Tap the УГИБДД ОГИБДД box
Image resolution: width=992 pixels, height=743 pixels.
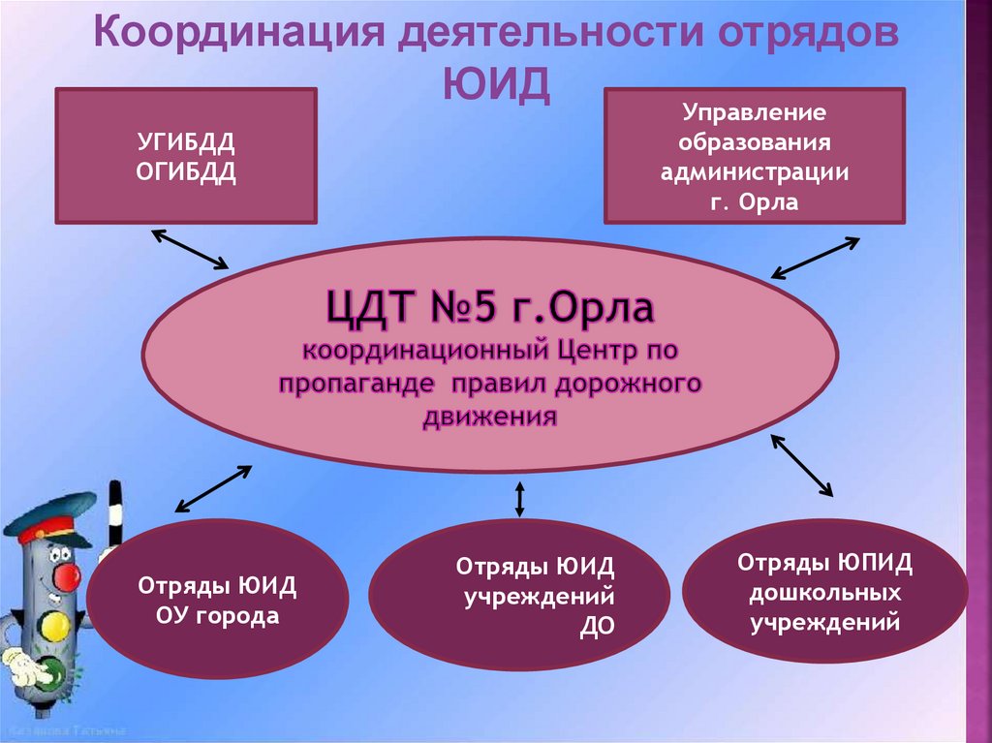(x=186, y=156)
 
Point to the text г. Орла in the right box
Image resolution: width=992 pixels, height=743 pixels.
(x=755, y=203)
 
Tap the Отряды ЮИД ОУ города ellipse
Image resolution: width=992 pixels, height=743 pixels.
(x=217, y=601)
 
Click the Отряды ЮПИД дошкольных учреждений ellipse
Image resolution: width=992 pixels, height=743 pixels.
(x=825, y=592)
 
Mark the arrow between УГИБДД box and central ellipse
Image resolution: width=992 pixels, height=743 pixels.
(x=189, y=249)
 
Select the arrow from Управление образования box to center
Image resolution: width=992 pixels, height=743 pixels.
(x=815, y=259)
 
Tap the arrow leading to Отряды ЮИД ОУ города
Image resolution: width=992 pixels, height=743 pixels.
(x=212, y=488)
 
